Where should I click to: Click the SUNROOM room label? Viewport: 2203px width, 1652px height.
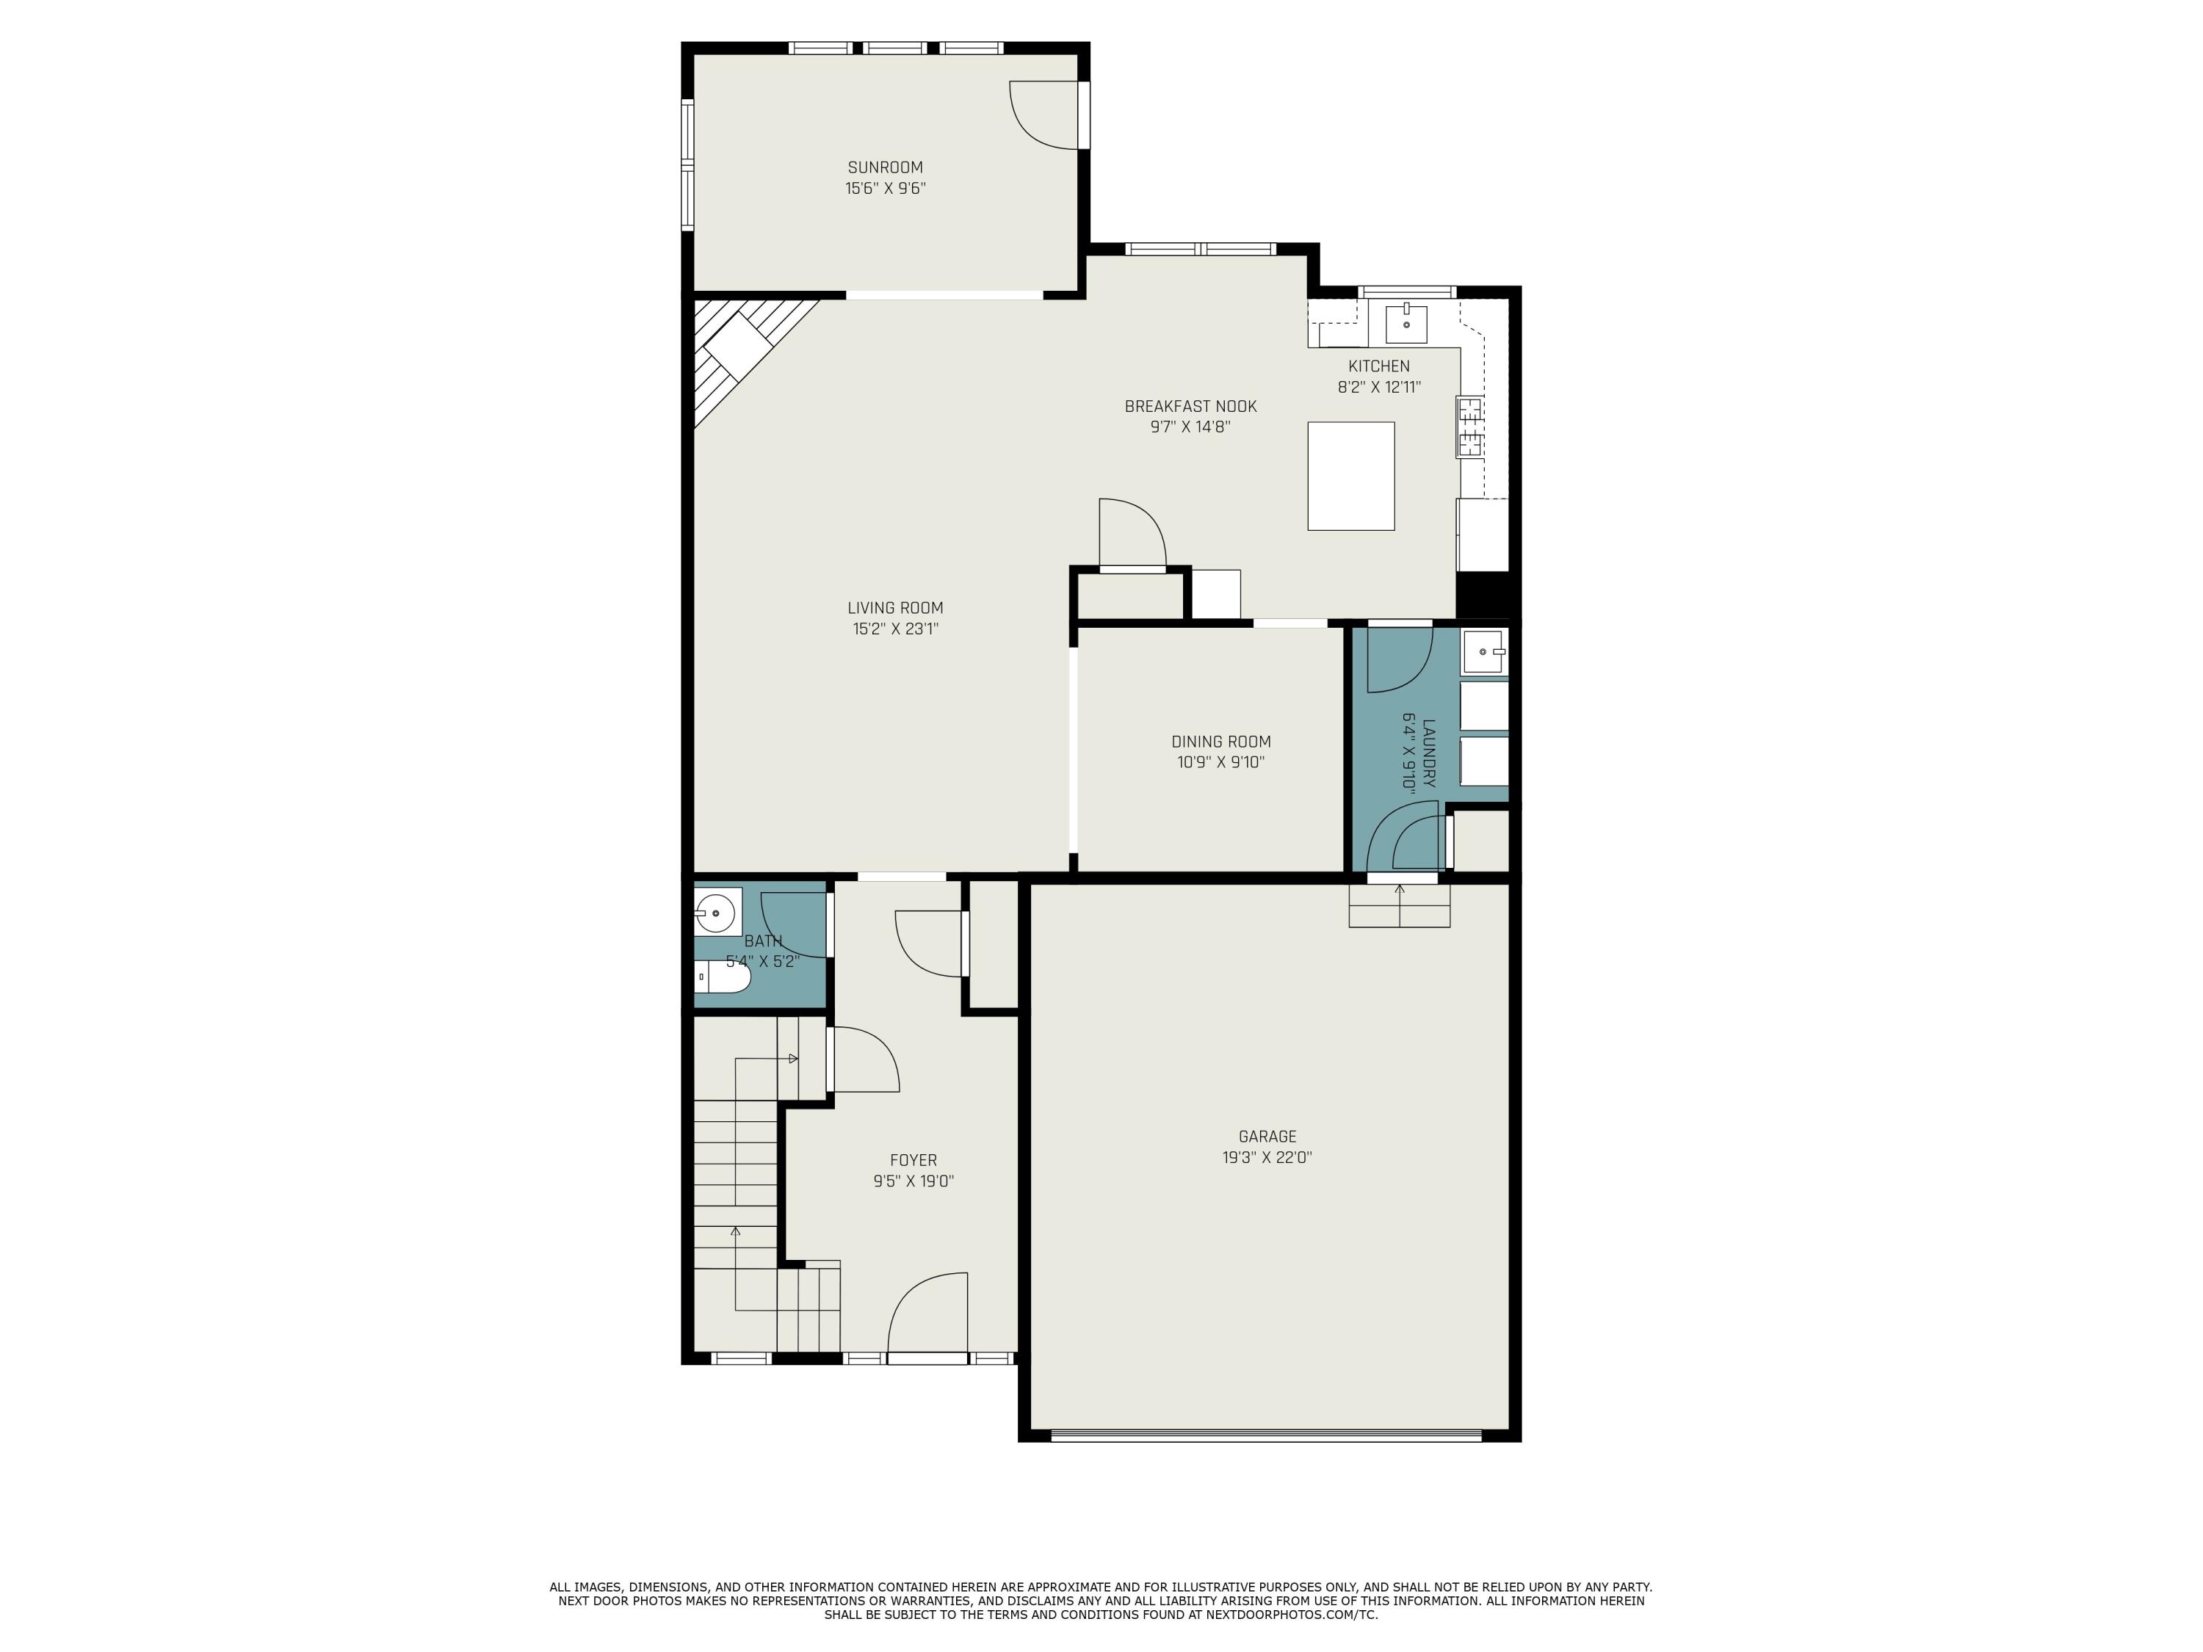[x=884, y=167]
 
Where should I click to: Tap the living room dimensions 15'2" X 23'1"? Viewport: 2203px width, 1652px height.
[x=894, y=628]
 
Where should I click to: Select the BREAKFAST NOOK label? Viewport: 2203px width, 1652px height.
[x=1190, y=406]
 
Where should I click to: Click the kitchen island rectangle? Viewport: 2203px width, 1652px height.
[x=1350, y=476]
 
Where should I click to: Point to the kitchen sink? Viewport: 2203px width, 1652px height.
[x=1406, y=325]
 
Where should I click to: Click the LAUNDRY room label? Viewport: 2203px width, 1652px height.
[x=1429, y=754]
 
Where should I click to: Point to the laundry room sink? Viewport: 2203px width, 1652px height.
[x=1484, y=651]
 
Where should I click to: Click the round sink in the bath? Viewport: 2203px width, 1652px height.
[x=715, y=911]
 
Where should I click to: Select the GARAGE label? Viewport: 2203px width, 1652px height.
[x=1267, y=1136]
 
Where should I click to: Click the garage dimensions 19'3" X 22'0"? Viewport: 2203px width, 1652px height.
[x=1267, y=1158]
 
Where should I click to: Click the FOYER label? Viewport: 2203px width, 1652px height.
[x=914, y=1160]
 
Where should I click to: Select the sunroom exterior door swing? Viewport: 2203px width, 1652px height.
[x=1045, y=115]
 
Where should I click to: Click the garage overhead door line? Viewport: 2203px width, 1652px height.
[x=1266, y=1435]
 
